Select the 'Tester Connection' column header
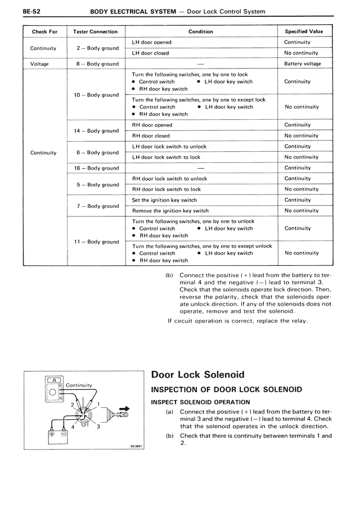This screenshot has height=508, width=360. tap(96, 31)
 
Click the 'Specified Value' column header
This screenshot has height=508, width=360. tap(304, 31)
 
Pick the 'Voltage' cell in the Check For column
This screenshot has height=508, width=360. tap(39, 64)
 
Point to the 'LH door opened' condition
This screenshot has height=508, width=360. tap(152, 42)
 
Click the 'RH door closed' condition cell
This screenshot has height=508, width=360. tap(151, 136)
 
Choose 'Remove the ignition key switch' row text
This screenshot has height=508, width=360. tap(170, 211)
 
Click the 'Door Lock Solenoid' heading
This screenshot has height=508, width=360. tap(198, 375)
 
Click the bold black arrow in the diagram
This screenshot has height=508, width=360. tap(124, 409)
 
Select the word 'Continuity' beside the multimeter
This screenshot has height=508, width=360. tap(79, 385)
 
